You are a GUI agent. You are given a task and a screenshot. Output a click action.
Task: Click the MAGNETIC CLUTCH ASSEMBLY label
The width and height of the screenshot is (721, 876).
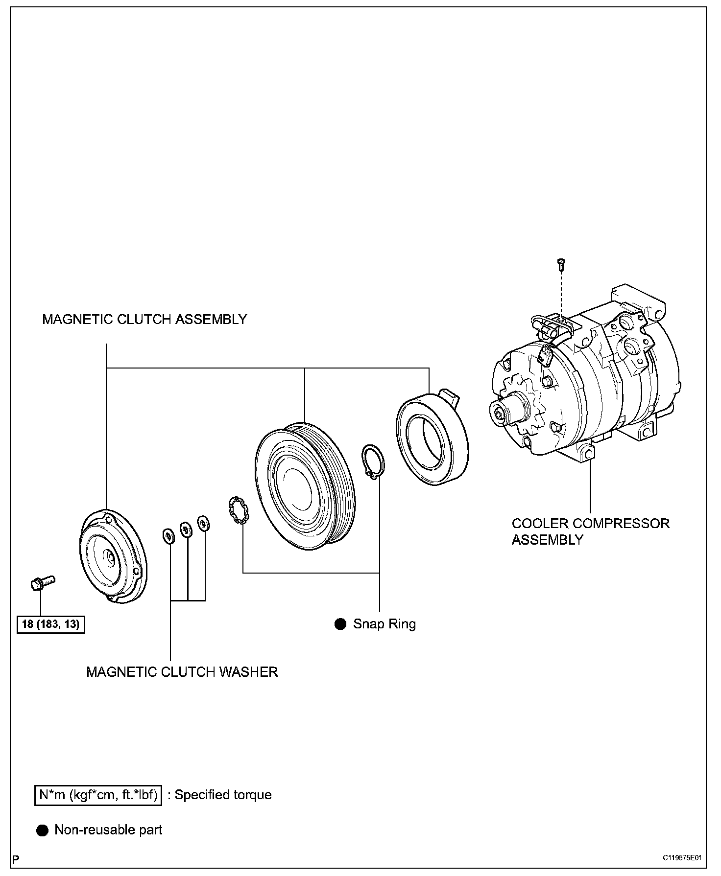pyautogui.click(x=144, y=320)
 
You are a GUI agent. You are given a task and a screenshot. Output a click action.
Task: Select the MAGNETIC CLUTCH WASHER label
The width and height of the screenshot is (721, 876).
pyautogui.click(x=182, y=672)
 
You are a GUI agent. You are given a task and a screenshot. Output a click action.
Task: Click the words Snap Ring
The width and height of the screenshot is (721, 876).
pyautogui.click(x=384, y=624)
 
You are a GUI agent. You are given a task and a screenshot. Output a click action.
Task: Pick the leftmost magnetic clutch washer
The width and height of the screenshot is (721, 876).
pyautogui.click(x=168, y=536)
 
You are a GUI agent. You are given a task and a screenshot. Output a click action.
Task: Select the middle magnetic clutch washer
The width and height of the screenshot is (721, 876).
pyautogui.click(x=186, y=529)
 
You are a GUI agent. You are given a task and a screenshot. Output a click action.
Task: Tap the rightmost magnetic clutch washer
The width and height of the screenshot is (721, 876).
pyautogui.click(x=203, y=523)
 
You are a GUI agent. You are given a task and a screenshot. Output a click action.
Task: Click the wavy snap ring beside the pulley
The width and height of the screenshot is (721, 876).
pyautogui.click(x=239, y=510)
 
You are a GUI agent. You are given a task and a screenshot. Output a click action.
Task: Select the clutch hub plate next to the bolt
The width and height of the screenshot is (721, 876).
pyautogui.click(x=112, y=556)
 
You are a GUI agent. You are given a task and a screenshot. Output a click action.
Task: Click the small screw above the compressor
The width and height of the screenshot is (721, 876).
pyautogui.click(x=561, y=264)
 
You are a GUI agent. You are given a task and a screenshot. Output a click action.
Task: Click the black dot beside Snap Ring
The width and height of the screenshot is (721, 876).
pyautogui.click(x=340, y=624)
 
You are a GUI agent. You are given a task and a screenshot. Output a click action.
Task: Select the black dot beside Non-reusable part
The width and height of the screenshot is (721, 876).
pyautogui.click(x=43, y=830)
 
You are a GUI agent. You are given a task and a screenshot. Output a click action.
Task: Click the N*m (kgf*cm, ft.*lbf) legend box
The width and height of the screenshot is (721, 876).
pyautogui.click(x=98, y=795)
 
